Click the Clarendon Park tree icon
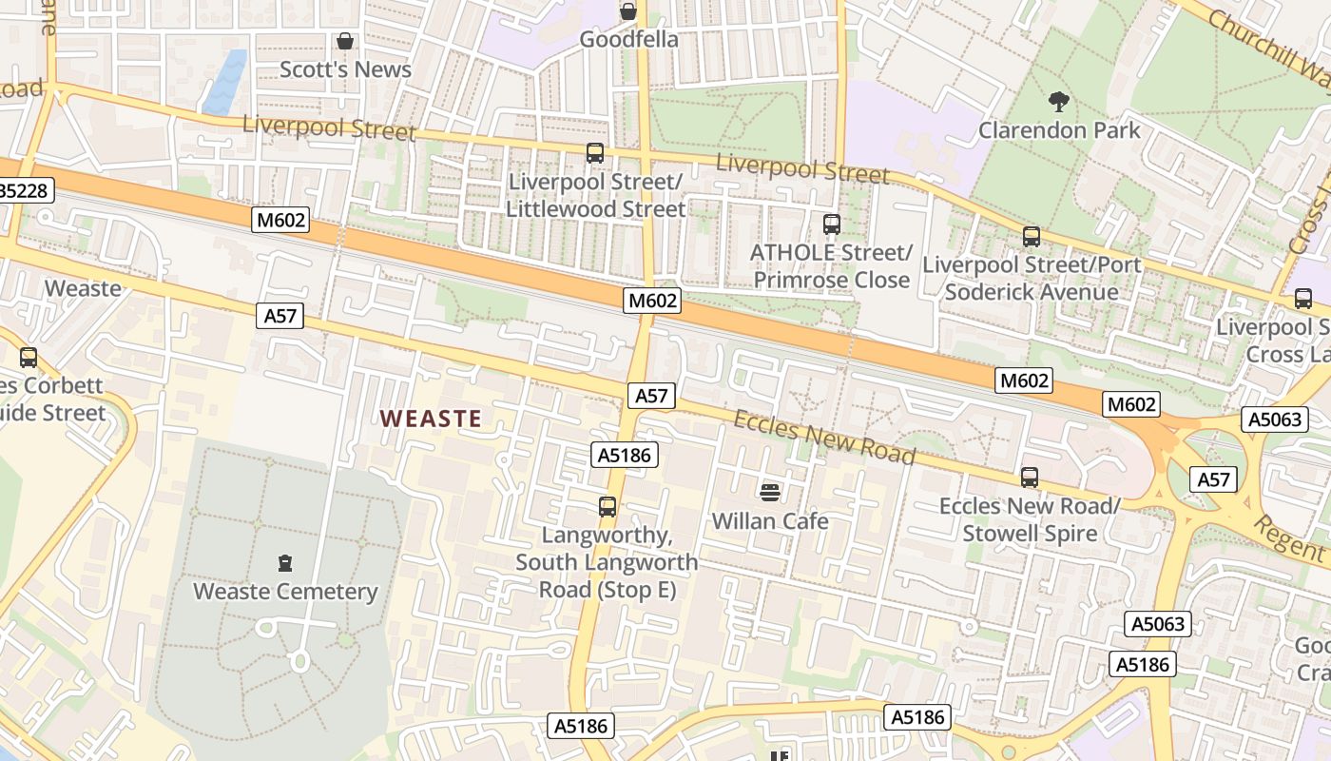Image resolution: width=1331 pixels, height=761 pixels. tap(1058, 100)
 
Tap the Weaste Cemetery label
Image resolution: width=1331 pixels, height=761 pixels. tap(285, 591)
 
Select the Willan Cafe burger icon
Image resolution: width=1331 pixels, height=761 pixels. tap(770, 492)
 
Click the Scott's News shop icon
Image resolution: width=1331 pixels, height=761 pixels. tap(345, 41)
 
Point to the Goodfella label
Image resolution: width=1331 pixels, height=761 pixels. tap(628, 39)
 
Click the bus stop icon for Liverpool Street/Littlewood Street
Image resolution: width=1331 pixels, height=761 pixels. tap(595, 152)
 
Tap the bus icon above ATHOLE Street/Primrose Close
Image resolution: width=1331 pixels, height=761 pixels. tap(832, 224)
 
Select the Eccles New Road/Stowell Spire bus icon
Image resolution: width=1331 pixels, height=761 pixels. tap(1030, 477)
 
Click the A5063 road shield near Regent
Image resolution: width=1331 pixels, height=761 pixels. tap(1274, 420)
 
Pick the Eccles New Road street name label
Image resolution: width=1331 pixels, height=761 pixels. tap(824, 438)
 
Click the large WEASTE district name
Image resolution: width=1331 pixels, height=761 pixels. tap(431, 418)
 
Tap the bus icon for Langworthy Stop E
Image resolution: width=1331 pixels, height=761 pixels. tap(608, 506)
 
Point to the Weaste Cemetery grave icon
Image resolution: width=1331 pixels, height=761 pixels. tap(285, 563)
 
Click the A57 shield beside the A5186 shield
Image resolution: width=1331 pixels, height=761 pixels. tap(651, 396)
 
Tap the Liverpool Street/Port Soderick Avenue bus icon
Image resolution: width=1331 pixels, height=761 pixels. tap(1032, 236)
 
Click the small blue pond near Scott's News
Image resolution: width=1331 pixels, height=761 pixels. tap(224, 83)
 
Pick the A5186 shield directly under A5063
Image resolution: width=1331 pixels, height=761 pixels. tap(1143, 664)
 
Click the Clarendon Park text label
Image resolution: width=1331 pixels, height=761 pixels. tap(1059, 129)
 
